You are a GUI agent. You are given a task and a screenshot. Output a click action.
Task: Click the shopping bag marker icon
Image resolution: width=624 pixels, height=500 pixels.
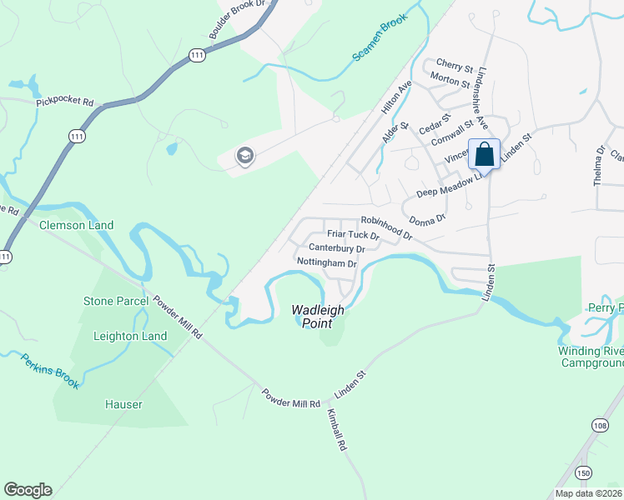point(485,154)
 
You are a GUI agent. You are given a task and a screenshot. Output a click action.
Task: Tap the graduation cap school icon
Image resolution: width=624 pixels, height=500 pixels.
point(244,156)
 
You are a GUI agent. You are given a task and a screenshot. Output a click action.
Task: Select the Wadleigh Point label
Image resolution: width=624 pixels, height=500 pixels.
point(318,316)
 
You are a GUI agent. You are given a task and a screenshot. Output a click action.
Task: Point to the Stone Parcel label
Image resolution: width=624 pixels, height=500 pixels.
point(116,301)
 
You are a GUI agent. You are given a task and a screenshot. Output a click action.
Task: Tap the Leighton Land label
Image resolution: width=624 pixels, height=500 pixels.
point(125,336)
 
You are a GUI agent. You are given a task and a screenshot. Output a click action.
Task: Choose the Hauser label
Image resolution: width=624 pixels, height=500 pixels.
point(123,404)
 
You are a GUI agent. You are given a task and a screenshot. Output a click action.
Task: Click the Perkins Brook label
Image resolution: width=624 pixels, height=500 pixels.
point(51,372)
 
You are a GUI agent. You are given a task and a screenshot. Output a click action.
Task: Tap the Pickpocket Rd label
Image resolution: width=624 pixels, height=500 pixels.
point(65,103)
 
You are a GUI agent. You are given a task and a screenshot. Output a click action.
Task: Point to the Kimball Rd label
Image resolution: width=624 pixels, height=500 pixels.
point(336,430)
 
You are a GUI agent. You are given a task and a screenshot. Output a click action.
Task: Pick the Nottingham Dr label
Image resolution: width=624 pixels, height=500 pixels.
point(327,263)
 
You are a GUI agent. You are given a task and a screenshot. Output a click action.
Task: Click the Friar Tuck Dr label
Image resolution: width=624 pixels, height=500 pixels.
point(353,235)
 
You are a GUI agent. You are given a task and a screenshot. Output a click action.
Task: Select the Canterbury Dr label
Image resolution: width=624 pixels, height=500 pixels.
point(337,248)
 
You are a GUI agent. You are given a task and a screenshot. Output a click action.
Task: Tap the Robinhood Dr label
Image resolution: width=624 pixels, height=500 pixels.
point(386,227)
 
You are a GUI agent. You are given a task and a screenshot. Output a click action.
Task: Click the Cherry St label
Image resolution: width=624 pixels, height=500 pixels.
point(455,66)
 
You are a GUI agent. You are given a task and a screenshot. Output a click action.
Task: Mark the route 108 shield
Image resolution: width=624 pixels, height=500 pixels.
point(601,450)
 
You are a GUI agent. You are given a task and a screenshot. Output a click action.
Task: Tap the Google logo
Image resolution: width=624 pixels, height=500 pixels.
point(28,490)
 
